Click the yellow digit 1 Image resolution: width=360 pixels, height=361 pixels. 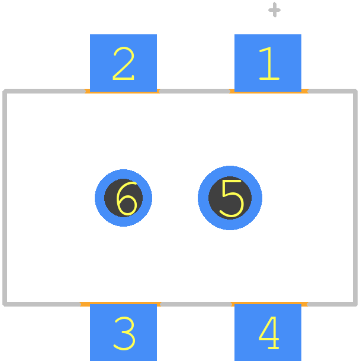pyautogui.click(x=269, y=63)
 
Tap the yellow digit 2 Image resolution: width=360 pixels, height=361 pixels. pyautogui.click(x=124, y=63)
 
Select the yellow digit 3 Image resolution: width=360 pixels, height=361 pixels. pyautogui.click(x=124, y=333)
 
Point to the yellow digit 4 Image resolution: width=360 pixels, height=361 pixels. pyautogui.click(x=269, y=333)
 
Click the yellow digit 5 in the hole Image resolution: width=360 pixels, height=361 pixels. pyautogui.click(x=232, y=198)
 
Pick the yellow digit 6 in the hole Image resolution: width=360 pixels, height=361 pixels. pyautogui.click(x=127, y=199)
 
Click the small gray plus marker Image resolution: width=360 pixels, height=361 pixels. pyautogui.click(x=274, y=10)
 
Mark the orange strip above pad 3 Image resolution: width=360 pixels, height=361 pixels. pyautogui.click(x=120, y=303)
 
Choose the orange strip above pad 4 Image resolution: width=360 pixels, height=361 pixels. pyautogui.click(x=269, y=303)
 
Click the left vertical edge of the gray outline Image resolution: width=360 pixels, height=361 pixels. pyautogui.click(x=5, y=198)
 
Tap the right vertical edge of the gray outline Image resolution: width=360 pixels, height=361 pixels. pyautogui.click(x=355, y=198)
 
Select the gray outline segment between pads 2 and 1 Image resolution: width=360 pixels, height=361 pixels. pyautogui.click(x=195, y=91)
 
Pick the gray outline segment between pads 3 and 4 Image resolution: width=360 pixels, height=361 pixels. pyautogui.click(x=196, y=304)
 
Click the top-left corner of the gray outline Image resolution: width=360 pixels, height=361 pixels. pyautogui.click(x=5, y=91)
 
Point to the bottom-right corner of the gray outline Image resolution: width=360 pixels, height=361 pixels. pyautogui.click(x=355, y=304)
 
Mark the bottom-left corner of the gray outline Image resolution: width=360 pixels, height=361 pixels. pyautogui.click(x=5, y=304)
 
